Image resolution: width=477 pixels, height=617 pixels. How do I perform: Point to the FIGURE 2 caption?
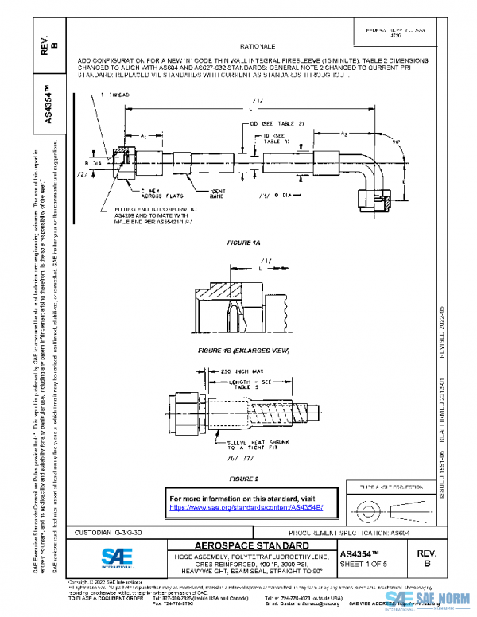(244, 479)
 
